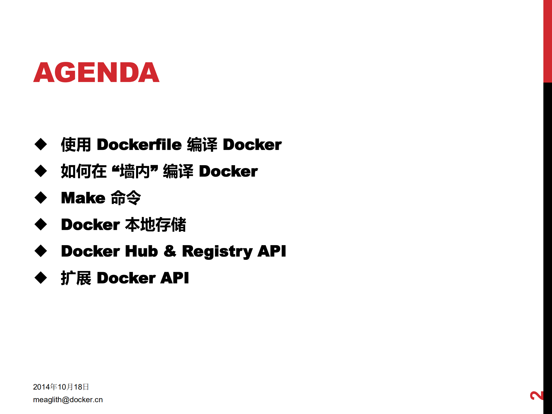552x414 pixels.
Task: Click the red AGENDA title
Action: pos(96,73)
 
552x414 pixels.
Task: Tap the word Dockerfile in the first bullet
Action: pos(139,144)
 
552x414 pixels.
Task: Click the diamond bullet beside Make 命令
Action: pos(41,198)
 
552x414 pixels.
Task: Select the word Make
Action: pos(83,198)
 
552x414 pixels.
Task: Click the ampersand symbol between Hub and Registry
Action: pos(170,251)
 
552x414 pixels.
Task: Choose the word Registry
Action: pos(217,251)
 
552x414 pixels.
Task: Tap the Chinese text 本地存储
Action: pos(156,225)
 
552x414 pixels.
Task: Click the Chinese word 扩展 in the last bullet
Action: pos(76,278)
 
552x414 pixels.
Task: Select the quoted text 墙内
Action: pos(135,171)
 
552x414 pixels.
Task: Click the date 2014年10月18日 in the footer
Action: pos(61,387)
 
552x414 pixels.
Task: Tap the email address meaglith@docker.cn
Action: pos(68,400)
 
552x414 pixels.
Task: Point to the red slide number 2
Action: pos(536,396)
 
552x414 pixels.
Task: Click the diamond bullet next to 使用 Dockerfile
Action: pos(41,144)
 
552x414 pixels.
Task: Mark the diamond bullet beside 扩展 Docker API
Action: pos(41,278)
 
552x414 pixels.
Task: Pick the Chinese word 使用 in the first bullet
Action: pos(76,144)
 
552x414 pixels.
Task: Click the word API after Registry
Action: pos(272,251)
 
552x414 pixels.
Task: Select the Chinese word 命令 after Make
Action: pos(126,198)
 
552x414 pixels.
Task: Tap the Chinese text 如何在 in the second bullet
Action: pos(84,171)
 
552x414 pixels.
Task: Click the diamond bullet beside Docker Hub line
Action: pos(41,251)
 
